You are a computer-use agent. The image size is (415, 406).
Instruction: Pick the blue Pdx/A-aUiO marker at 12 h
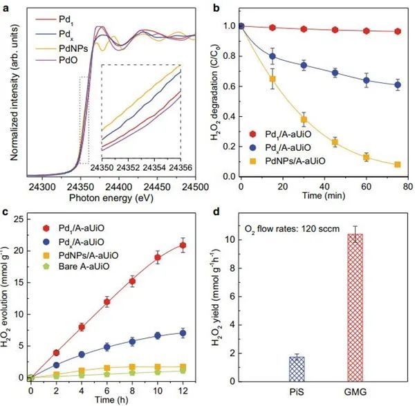coord(183,333)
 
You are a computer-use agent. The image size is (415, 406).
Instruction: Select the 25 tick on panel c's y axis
coord(19,219)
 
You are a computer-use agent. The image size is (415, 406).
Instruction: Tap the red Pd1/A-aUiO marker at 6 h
coord(107,302)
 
